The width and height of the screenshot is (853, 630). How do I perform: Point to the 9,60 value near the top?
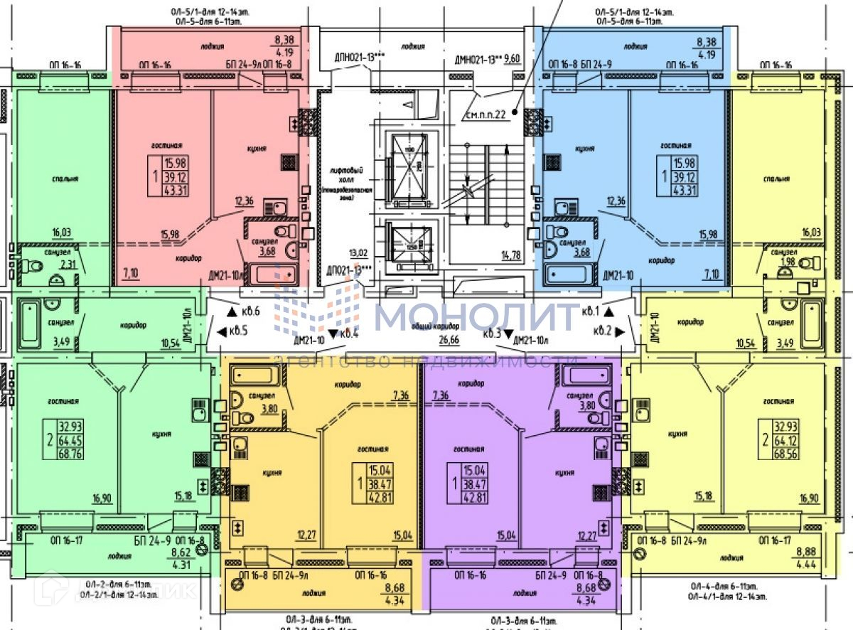(512, 60)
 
